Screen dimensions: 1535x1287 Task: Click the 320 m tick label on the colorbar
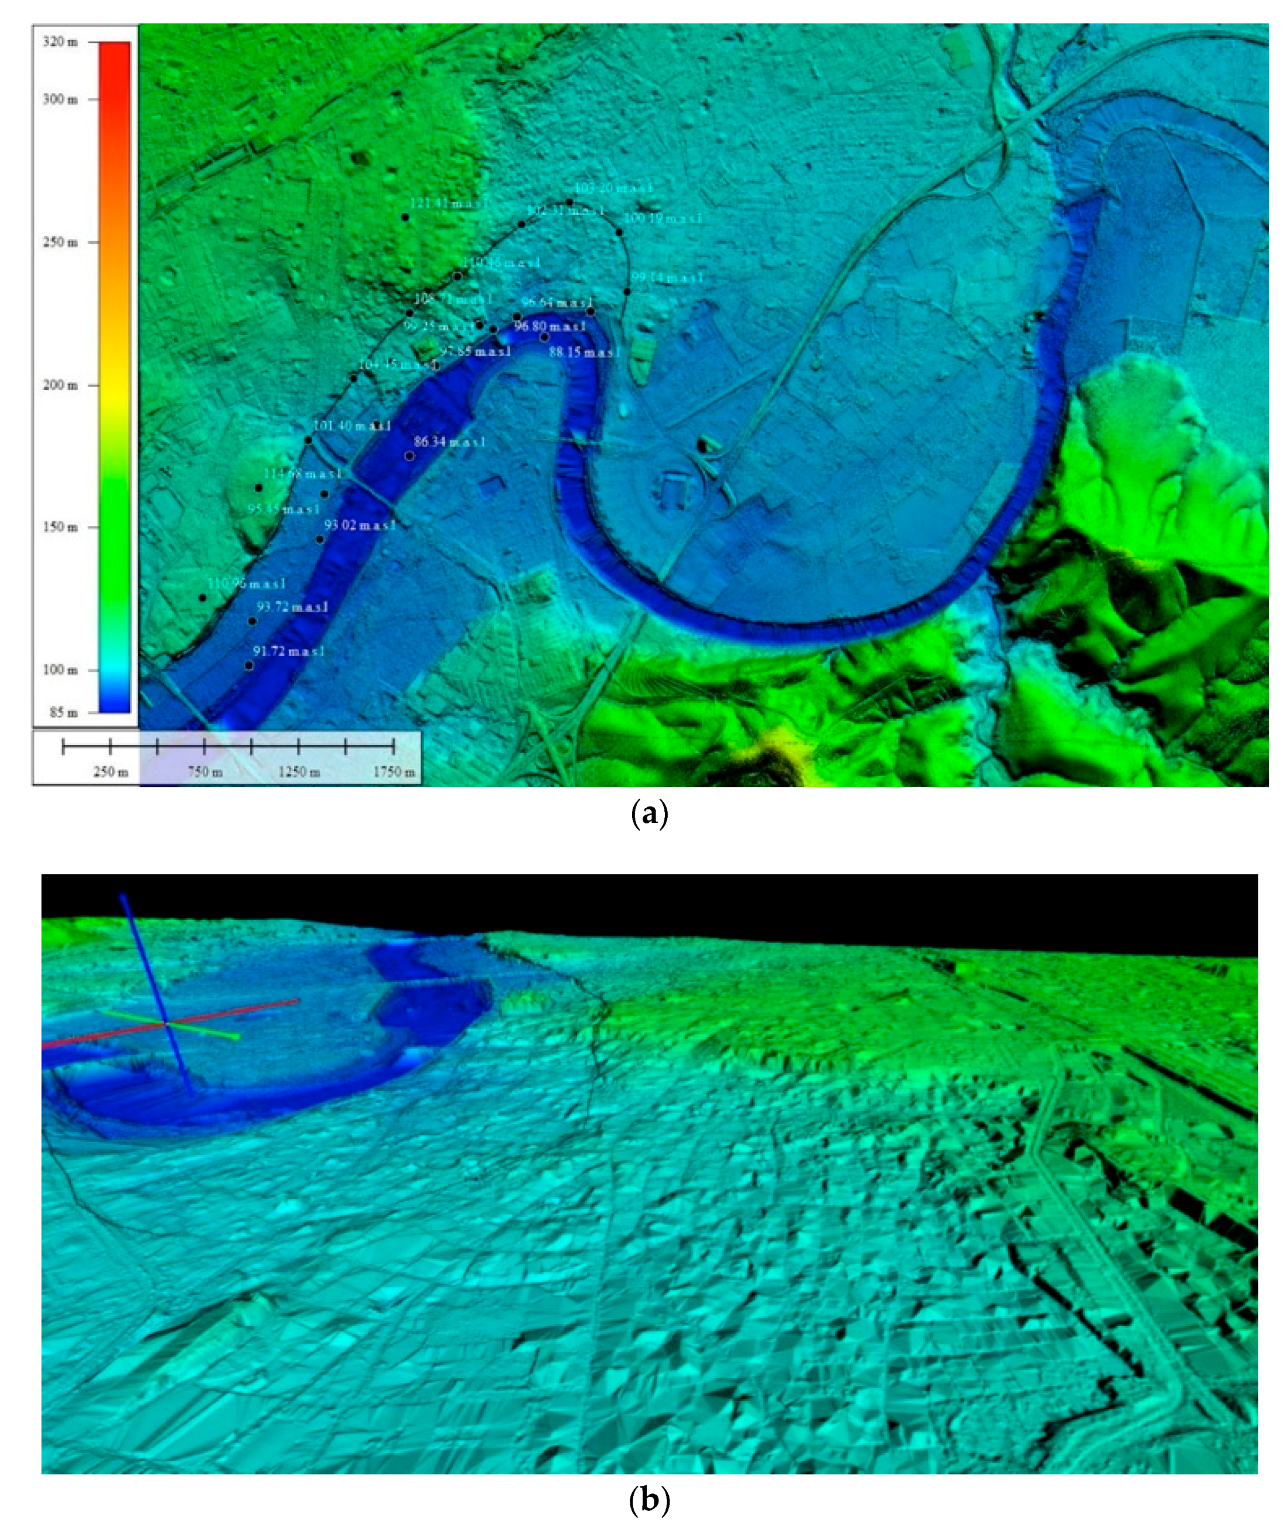[x=60, y=42]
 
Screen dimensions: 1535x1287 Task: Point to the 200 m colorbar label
[x=60, y=385]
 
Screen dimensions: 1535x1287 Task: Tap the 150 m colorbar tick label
[x=60, y=527]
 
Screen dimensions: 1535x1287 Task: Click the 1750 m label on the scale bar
[x=394, y=772]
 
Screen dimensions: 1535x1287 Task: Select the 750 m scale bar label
[x=205, y=772]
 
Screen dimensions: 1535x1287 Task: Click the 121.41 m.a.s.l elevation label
[x=449, y=204]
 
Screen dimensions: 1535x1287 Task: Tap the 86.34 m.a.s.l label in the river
[x=449, y=442]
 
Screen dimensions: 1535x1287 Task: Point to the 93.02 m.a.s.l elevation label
[x=360, y=525]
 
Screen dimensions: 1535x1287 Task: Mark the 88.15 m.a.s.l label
[x=583, y=353]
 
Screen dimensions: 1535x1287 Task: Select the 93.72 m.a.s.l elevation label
[x=292, y=607]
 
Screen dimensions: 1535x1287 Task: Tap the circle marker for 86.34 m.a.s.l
[x=409, y=456]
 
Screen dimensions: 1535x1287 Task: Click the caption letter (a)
[x=648, y=813]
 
